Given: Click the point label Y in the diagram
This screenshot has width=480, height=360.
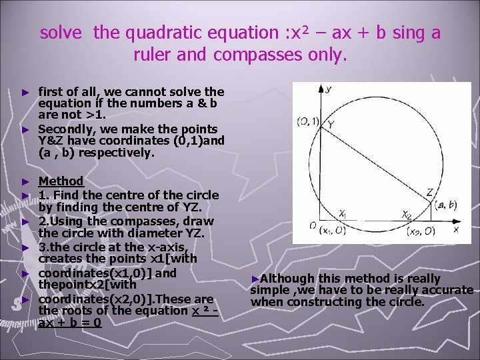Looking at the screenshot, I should [331, 125].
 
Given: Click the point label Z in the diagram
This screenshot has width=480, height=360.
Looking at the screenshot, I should [429, 193].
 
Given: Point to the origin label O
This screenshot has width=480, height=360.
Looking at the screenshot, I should [312, 226].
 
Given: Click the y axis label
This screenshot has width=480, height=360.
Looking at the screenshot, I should [328, 88].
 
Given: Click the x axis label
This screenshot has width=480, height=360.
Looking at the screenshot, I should [456, 229].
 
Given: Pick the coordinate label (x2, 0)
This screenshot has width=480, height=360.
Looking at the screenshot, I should [421, 231].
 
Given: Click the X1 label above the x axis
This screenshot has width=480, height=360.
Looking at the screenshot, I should [343, 213].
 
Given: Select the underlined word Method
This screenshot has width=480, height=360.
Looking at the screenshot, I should [61, 181].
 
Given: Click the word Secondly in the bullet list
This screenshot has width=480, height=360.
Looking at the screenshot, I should [61, 129].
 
